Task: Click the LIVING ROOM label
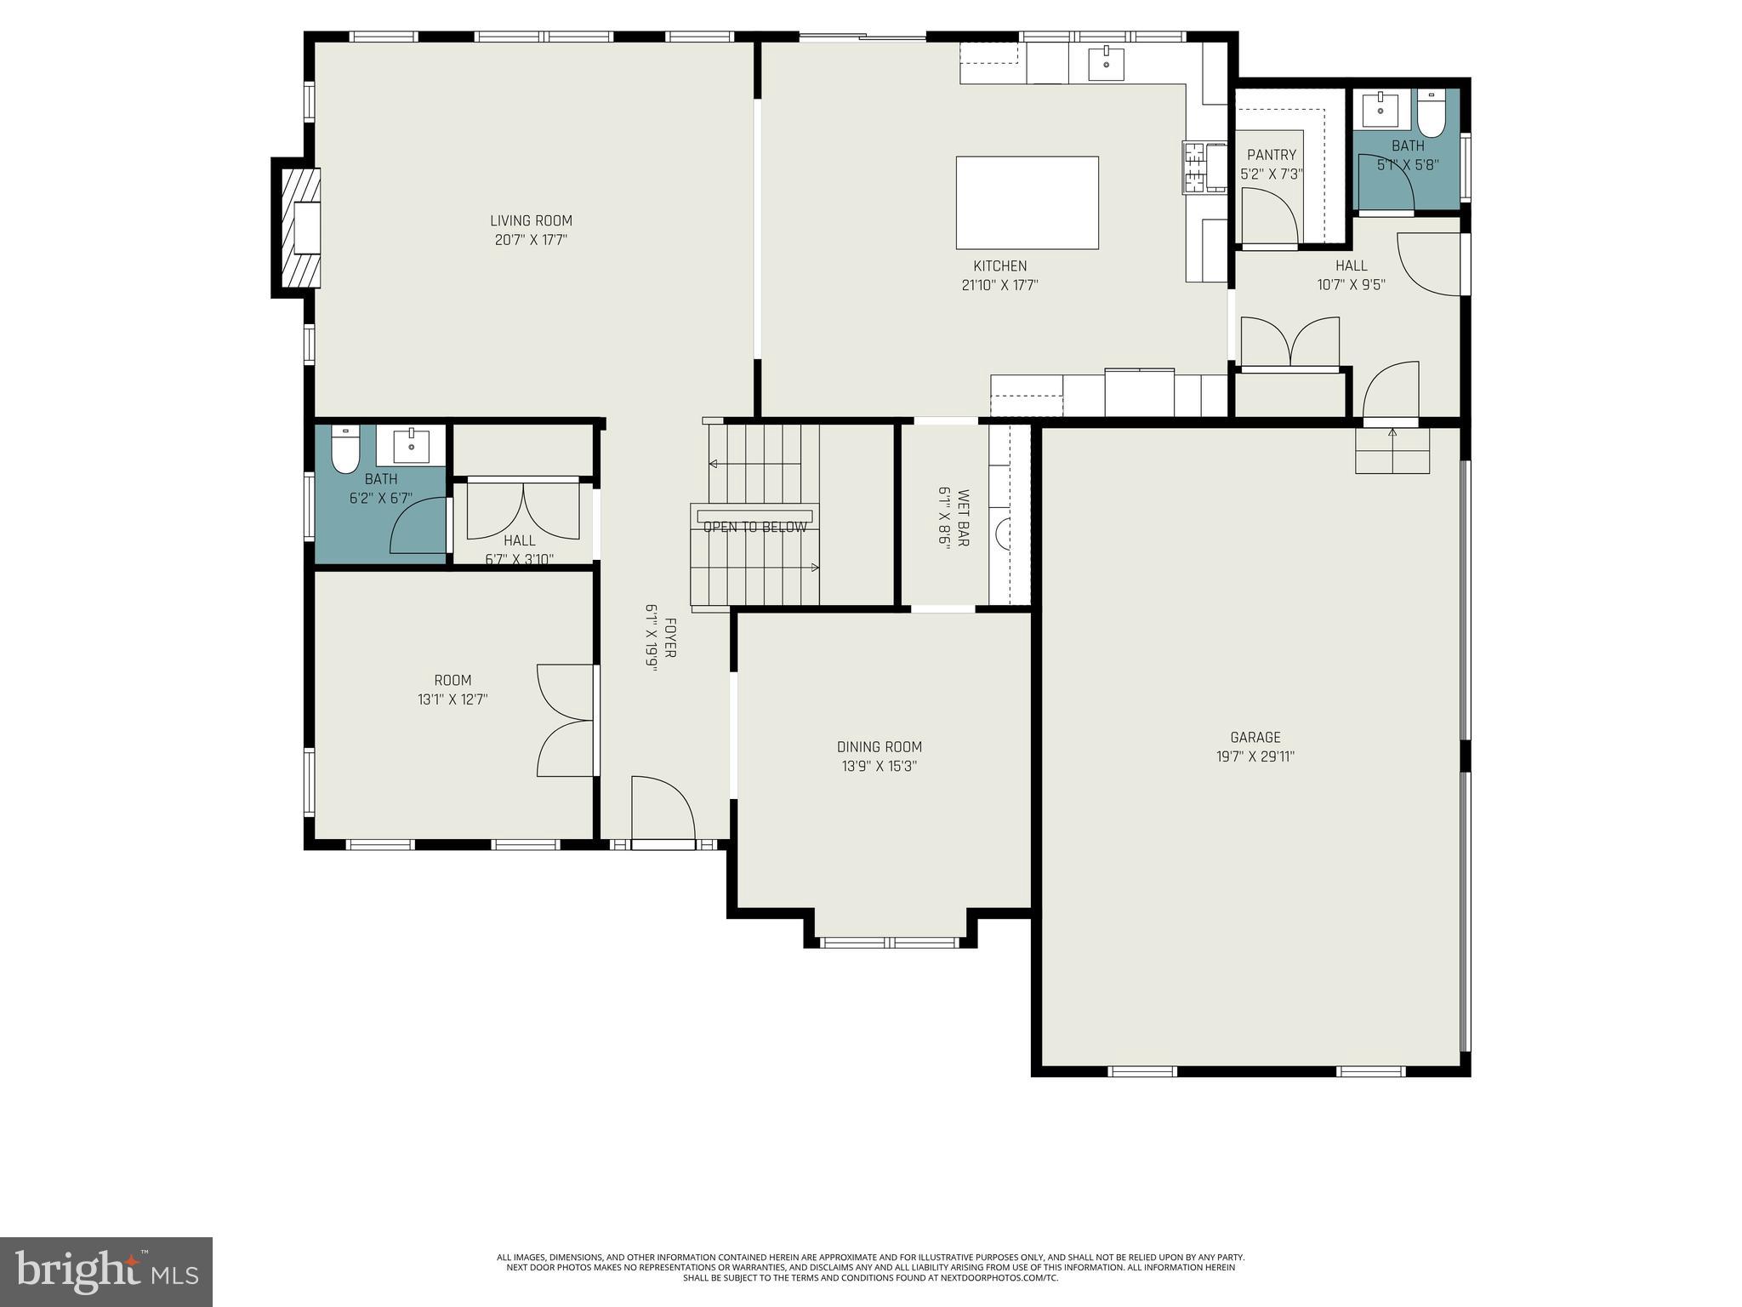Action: (531, 220)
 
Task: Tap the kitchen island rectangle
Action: (1027, 203)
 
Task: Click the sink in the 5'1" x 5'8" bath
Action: (1380, 108)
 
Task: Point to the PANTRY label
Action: (1271, 155)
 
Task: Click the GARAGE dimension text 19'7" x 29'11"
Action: (1255, 756)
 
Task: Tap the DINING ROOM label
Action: (879, 747)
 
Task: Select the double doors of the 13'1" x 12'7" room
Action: (566, 720)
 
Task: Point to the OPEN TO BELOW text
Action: (754, 528)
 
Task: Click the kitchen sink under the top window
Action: (1107, 61)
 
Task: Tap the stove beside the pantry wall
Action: (1203, 168)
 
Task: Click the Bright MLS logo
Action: (106, 1271)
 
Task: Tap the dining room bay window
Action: (890, 941)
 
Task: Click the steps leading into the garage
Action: (1392, 450)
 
